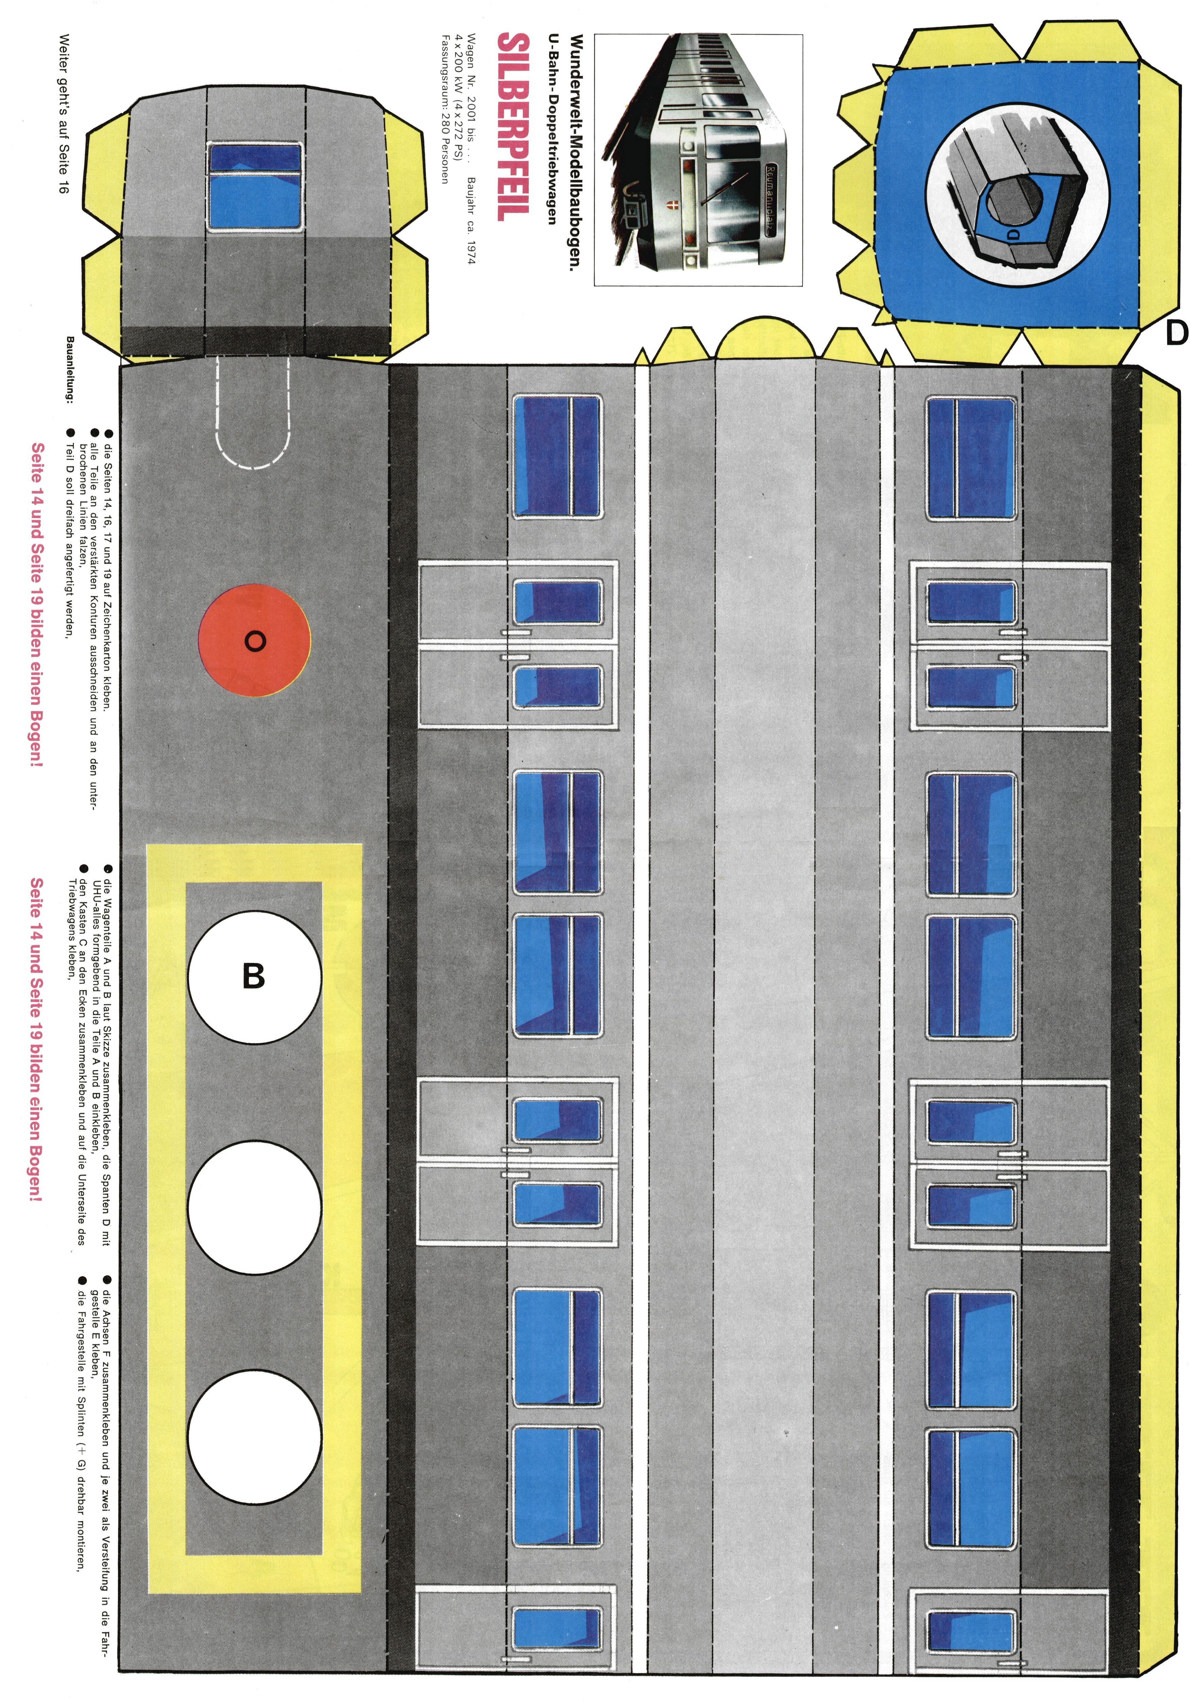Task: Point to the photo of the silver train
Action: pyautogui.click(x=698, y=159)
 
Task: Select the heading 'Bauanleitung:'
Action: pyautogui.click(x=70, y=368)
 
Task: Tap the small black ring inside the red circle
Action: pyautogui.click(x=254, y=642)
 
